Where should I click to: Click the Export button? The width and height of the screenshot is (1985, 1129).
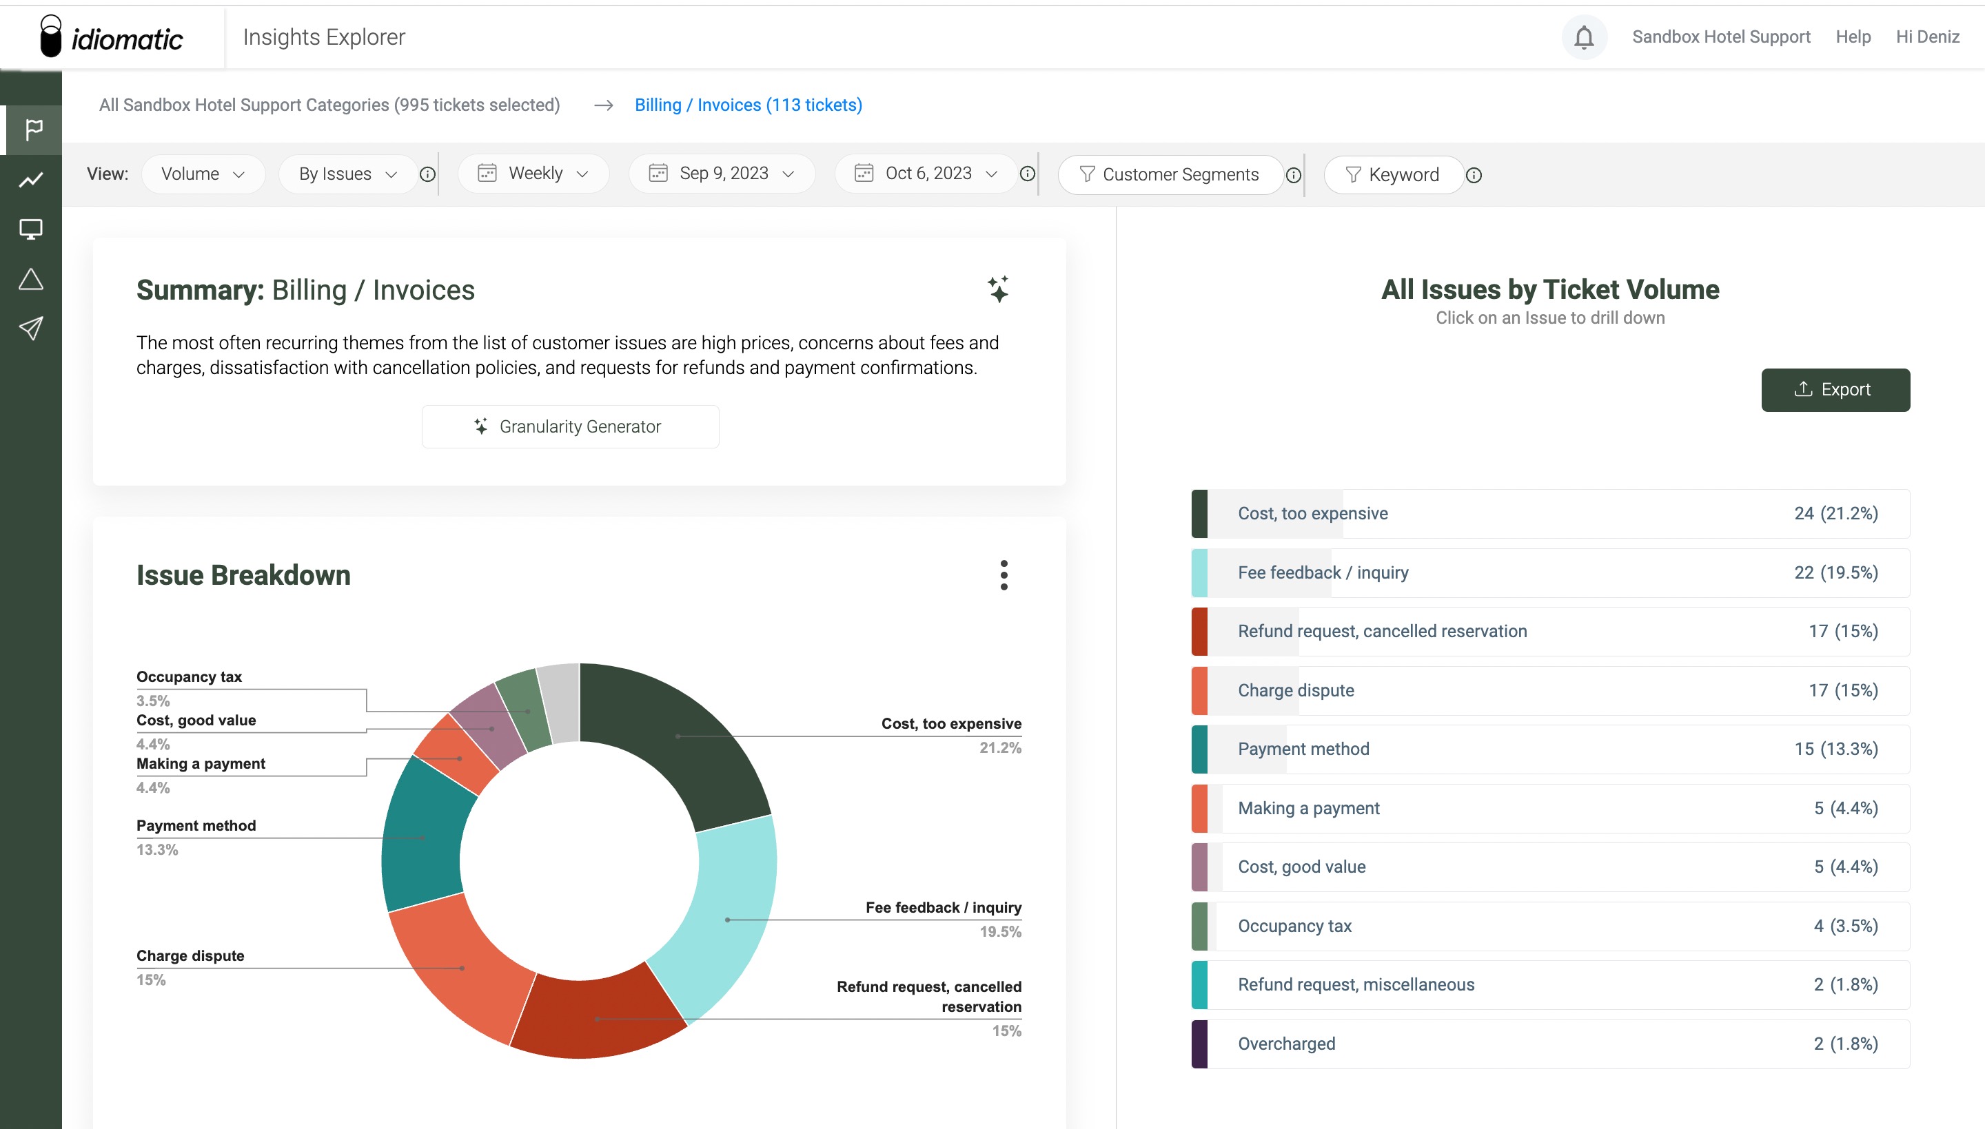1835,390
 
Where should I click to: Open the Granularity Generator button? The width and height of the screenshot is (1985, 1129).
570,426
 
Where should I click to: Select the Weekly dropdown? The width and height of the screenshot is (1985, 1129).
533,174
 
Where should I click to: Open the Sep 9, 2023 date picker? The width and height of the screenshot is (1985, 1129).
722,174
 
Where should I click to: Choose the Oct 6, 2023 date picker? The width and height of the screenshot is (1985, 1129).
926,174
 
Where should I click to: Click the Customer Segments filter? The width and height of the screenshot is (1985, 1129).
1170,174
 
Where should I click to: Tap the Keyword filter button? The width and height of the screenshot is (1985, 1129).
1393,174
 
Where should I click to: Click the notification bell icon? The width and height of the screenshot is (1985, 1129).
1583,37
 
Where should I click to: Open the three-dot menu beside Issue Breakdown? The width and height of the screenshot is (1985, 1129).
1004,575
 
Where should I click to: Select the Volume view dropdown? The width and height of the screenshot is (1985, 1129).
203,174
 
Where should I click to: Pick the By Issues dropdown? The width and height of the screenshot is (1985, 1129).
347,174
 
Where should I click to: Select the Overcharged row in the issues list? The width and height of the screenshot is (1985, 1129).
1550,1044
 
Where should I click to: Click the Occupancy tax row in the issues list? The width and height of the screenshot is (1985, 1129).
1550,926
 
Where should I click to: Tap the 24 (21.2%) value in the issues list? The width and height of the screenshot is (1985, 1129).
1835,513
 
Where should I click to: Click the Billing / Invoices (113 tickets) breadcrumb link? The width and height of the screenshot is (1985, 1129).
748,105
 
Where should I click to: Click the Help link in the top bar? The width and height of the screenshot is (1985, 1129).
1853,37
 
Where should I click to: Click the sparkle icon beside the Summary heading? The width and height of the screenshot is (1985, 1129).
998,289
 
